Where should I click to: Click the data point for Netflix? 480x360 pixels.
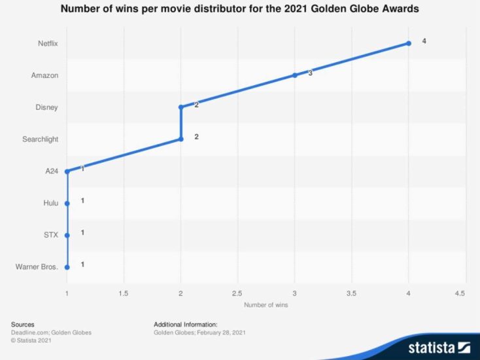[409, 43]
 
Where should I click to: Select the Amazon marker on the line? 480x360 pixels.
[295, 75]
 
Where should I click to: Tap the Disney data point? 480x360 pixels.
[180, 107]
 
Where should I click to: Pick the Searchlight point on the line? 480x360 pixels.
[180, 139]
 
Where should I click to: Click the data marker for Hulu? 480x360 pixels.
[67, 203]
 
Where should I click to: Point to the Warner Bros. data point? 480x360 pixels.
[67, 266]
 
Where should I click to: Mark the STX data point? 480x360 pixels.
[67, 234]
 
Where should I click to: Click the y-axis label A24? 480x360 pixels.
[52, 171]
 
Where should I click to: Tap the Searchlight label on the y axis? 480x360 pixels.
[41, 139]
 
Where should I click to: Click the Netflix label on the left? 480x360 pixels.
[48, 43]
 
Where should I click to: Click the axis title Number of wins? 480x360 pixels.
[266, 304]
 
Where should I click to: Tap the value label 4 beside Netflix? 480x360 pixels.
[424, 41]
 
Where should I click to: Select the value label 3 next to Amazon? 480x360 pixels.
[310, 73]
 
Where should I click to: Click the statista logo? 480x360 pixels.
[439, 347]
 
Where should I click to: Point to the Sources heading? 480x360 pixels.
[23, 324]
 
